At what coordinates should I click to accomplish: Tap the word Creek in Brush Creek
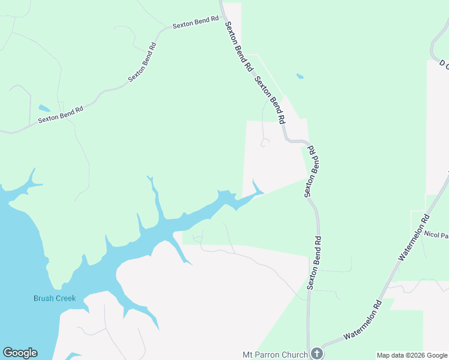tap(65, 298)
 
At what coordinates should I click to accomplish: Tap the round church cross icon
tap(316, 353)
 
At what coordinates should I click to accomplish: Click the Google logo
tap(20, 353)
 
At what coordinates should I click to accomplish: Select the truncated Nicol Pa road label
tap(436, 234)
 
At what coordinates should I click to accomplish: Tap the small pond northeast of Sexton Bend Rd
tap(300, 77)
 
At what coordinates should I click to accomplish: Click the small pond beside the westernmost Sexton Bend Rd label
tap(44, 109)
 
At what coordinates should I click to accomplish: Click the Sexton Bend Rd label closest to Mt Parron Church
tap(315, 263)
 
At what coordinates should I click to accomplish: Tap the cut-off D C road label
tap(444, 63)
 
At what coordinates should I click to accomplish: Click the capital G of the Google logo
tap(8, 353)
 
